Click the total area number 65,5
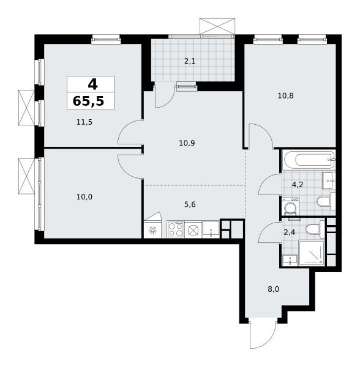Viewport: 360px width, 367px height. (x=88, y=102)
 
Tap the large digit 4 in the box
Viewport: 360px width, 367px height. (x=92, y=84)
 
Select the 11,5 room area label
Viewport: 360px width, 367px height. (x=84, y=122)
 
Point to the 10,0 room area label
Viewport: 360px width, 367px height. (x=84, y=197)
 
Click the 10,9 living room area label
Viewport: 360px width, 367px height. (x=187, y=143)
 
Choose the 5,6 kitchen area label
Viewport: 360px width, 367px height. (x=190, y=204)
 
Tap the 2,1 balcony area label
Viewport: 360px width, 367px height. (x=190, y=61)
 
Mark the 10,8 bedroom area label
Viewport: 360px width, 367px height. (x=285, y=96)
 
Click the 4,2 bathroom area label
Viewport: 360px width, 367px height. (x=298, y=185)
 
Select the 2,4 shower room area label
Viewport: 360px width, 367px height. (x=289, y=232)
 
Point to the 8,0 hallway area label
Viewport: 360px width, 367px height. (x=273, y=289)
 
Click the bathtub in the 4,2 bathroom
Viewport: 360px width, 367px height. (x=309, y=160)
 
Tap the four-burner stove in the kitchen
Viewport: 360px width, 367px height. (x=176, y=229)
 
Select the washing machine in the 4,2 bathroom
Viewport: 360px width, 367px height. (x=290, y=207)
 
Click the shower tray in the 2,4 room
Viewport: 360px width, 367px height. (x=312, y=253)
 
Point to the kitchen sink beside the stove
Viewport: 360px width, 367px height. (x=211, y=229)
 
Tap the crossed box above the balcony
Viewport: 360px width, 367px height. (x=217, y=26)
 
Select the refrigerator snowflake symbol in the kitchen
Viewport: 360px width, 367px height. (x=152, y=231)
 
